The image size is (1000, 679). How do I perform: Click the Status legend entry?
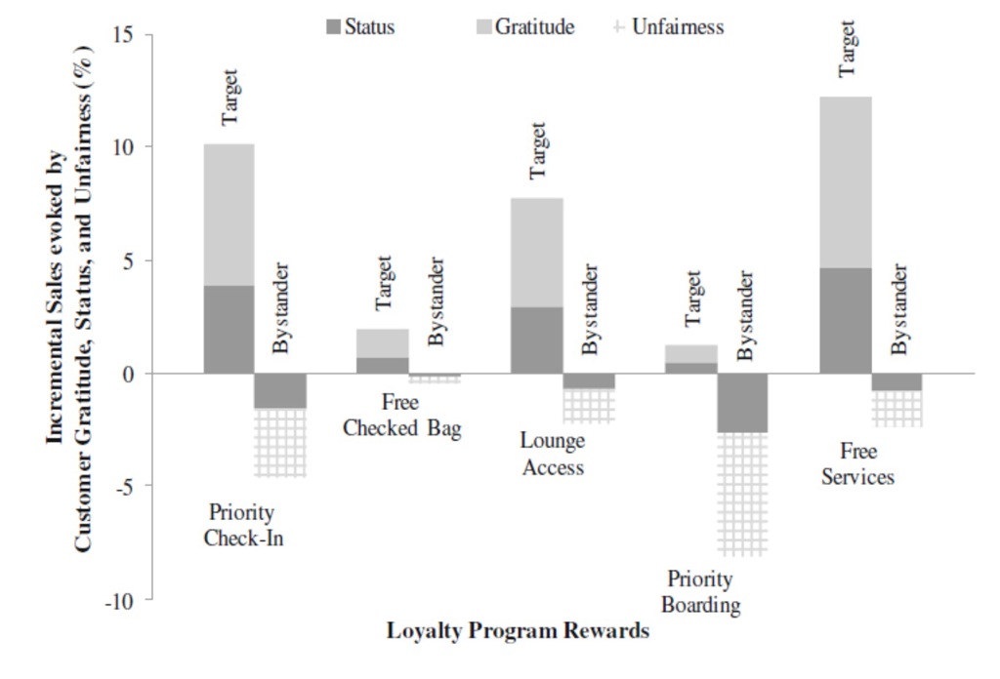click(x=360, y=27)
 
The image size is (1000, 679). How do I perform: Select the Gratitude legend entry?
click(x=523, y=27)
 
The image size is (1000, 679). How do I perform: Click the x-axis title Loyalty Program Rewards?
click(x=518, y=631)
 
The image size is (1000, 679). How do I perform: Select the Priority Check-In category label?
click(x=242, y=525)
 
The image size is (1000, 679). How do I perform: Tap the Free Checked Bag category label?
click(x=401, y=416)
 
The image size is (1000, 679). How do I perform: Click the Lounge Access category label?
click(x=553, y=454)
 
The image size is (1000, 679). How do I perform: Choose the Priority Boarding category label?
click(x=700, y=592)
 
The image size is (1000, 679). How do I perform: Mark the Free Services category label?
click(x=857, y=464)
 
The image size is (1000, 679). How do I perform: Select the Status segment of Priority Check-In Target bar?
click(x=229, y=330)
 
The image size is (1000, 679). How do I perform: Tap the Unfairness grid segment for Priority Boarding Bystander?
click(x=743, y=494)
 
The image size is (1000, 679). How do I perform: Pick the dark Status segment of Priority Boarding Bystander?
click(x=743, y=403)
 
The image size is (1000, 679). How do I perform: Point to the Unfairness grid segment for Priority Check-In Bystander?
click(x=280, y=443)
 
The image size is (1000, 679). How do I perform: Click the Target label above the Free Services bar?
click(x=847, y=49)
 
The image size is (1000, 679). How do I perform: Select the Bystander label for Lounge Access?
click(x=590, y=308)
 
